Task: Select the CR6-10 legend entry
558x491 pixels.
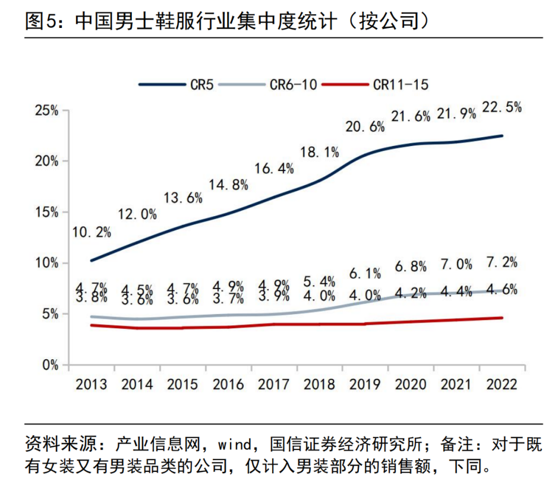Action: click(x=292, y=84)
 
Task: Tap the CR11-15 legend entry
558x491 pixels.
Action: click(x=400, y=84)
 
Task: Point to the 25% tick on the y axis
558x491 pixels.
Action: click(x=46, y=110)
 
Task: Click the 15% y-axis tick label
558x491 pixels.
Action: click(x=46, y=213)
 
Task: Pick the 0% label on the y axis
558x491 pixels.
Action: click(x=49, y=365)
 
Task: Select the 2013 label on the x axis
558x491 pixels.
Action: click(x=91, y=385)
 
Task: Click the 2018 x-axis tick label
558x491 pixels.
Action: click(x=319, y=385)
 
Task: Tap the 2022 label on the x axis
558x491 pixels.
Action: click(x=502, y=385)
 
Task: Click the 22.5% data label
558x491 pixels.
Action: click(x=502, y=107)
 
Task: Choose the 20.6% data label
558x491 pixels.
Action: click(x=365, y=126)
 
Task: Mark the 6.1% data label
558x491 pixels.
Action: click(x=365, y=273)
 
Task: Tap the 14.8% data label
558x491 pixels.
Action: click(x=228, y=185)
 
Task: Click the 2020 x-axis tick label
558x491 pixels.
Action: click(x=411, y=385)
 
